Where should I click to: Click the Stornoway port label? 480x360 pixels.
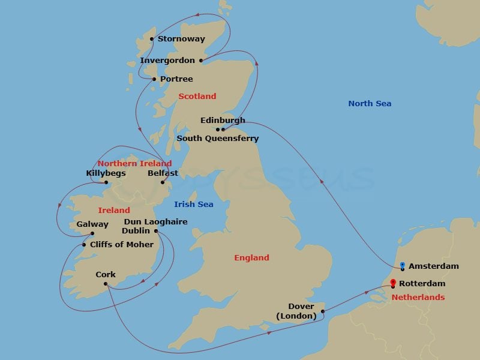click(x=181, y=39)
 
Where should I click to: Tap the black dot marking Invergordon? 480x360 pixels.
click(x=201, y=61)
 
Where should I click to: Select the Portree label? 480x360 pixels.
click(x=176, y=79)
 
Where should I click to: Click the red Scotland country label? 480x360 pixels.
click(x=197, y=96)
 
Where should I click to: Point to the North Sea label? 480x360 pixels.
click(x=370, y=104)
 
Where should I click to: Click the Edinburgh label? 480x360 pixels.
click(x=223, y=120)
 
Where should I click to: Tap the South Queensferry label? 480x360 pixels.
click(x=217, y=139)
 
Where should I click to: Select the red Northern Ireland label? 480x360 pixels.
click(x=134, y=163)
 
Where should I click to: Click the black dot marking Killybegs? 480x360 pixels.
click(x=106, y=183)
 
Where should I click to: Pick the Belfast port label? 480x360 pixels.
click(x=163, y=173)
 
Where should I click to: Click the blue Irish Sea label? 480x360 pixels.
click(x=194, y=205)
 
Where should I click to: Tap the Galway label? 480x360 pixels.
click(x=92, y=224)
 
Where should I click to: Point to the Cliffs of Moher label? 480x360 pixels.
click(x=122, y=245)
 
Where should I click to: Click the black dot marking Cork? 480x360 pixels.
click(x=106, y=284)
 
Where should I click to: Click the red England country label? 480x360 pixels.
click(x=251, y=257)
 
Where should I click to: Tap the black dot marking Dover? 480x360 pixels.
click(x=323, y=311)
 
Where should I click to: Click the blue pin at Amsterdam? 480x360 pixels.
click(x=402, y=265)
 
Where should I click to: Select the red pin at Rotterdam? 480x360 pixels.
click(x=393, y=283)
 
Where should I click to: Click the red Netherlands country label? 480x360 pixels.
click(x=418, y=298)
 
